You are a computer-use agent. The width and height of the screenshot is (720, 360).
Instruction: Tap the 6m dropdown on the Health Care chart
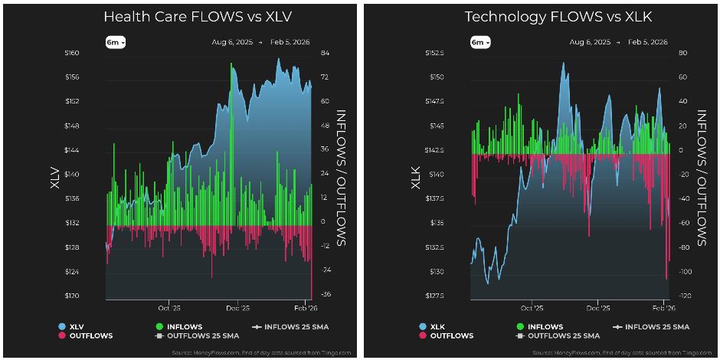point(115,42)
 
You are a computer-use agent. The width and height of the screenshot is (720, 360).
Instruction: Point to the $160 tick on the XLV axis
point(71,53)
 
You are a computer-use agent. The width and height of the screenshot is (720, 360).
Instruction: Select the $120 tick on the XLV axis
point(71,296)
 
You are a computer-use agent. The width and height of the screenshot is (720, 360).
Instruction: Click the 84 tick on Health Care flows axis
point(325,53)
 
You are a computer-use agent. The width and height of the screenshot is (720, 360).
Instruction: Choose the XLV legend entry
point(74,326)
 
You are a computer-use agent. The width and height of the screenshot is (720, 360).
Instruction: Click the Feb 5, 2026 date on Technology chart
point(647,42)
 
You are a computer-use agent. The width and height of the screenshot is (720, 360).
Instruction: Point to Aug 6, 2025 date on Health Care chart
point(232,42)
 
